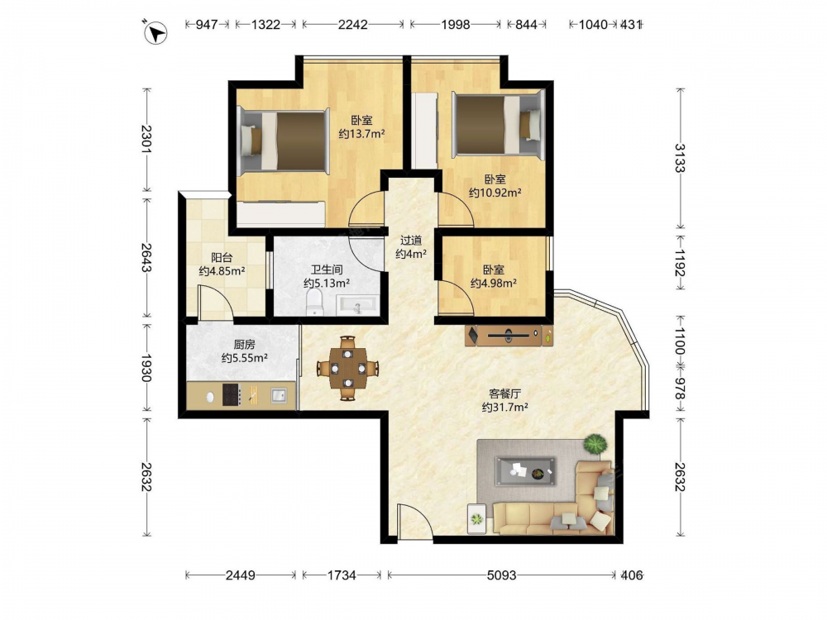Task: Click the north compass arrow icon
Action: (155, 33)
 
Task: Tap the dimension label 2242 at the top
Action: (352, 24)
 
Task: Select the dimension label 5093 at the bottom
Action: (501, 575)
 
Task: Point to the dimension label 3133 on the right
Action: (681, 158)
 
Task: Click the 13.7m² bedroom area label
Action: (361, 127)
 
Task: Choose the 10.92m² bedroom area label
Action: (495, 186)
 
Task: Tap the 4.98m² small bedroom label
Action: (494, 277)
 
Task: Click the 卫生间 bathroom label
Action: (327, 270)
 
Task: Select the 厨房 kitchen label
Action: (244, 345)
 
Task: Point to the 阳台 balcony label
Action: (222, 258)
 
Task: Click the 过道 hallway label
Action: (411, 241)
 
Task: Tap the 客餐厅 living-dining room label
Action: (505, 393)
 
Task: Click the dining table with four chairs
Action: (347, 368)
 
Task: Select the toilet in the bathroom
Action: (314, 303)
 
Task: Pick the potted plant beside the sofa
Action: (595, 444)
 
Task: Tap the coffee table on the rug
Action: (525, 471)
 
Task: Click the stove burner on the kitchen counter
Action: (232, 394)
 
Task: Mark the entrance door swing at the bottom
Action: (414, 522)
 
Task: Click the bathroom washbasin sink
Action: (357, 305)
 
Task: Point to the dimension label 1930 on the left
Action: (146, 368)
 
